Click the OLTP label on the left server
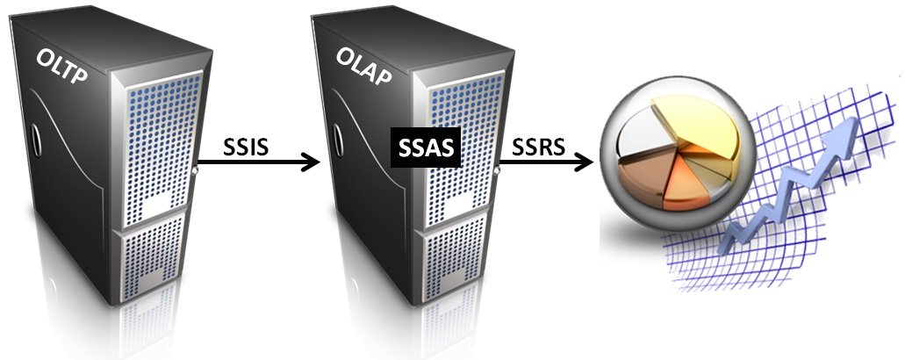click(61, 67)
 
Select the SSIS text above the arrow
click(245, 148)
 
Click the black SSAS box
click(426, 148)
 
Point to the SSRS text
click(538, 148)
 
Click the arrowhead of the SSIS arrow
click(312, 162)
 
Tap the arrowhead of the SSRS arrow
click(585, 162)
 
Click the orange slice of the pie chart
click(684, 184)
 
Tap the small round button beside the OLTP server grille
click(196, 171)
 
